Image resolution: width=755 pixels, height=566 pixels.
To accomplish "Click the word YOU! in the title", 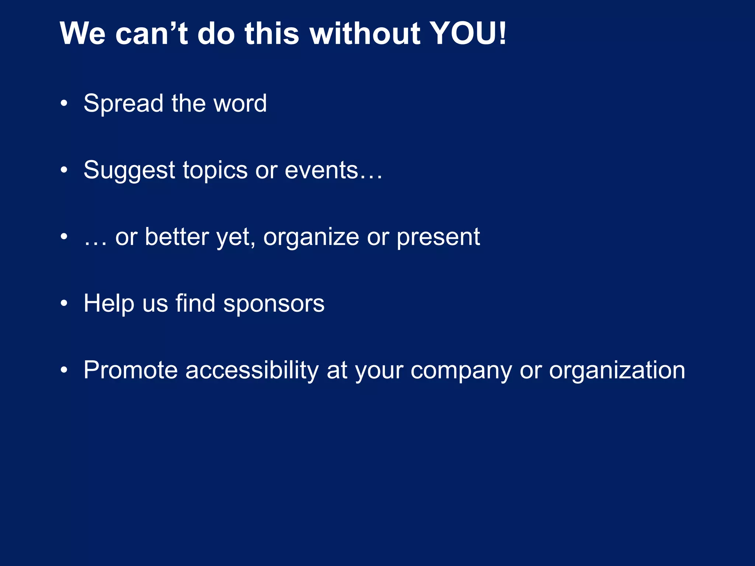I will (x=468, y=34).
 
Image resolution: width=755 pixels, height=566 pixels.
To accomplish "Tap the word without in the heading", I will (x=365, y=34).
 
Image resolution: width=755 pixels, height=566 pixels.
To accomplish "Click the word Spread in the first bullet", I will (x=123, y=104).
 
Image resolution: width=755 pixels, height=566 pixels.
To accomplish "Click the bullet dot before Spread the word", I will (x=64, y=104).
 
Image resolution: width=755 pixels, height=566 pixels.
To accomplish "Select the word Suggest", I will (x=129, y=171).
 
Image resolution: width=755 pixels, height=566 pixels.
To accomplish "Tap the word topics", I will (x=215, y=171).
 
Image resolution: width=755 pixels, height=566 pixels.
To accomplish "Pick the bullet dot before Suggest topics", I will (x=64, y=171).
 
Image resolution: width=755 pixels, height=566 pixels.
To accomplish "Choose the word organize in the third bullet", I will (x=311, y=238).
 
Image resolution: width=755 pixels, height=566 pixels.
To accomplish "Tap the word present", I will (x=438, y=238).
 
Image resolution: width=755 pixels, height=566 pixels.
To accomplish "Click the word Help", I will (x=109, y=304).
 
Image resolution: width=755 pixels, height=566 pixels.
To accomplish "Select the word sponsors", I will (x=274, y=304).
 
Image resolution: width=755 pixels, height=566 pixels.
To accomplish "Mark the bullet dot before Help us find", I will (x=64, y=304).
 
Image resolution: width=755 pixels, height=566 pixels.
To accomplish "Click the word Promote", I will (x=131, y=370).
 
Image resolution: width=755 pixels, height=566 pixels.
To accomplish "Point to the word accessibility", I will (x=252, y=370).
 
